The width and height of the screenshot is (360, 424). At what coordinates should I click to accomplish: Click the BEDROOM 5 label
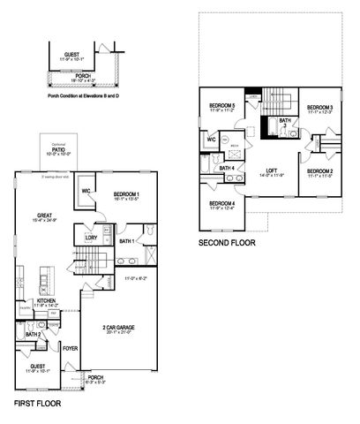click(x=221, y=107)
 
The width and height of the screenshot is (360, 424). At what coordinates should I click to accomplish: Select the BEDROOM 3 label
click(x=319, y=107)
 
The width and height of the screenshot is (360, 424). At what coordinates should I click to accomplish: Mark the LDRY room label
click(x=91, y=238)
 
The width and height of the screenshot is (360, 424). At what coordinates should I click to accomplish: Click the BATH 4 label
click(x=227, y=168)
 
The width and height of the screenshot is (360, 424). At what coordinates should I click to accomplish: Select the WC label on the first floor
click(x=86, y=191)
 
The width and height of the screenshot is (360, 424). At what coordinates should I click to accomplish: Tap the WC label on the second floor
click(x=212, y=139)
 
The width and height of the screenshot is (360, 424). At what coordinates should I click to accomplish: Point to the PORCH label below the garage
click(x=94, y=378)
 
